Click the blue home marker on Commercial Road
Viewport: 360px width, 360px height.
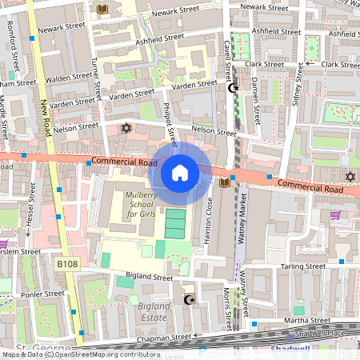pos(180,172)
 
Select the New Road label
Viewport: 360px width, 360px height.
pos(46,120)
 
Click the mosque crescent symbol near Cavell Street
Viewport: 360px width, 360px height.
pos(234,88)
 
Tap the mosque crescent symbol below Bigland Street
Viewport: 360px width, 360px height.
pos(190,300)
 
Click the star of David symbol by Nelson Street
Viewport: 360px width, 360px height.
pos(125,128)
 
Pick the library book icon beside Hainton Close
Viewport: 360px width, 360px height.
pos(224,183)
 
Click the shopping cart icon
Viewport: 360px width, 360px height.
pos(335,214)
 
